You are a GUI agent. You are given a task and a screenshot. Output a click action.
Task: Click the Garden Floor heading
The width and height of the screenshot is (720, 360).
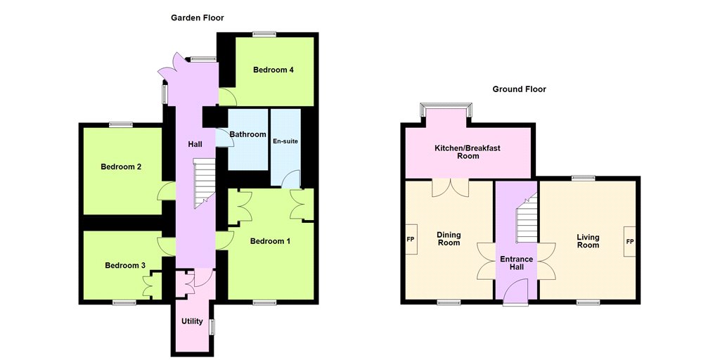pyautogui.click(x=198, y=18)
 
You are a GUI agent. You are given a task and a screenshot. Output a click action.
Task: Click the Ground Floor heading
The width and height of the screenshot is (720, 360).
pyautogui.click(x=520, y=89)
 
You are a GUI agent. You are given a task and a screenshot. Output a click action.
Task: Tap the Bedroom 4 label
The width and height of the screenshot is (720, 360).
pyautogui.click(x=274, y=70)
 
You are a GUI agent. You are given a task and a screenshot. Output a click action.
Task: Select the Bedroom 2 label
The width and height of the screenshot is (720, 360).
pyautogui.click(x=121, y=167)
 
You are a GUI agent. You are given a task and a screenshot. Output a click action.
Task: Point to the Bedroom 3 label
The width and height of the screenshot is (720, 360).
pyautogui.click(x=125, y=265)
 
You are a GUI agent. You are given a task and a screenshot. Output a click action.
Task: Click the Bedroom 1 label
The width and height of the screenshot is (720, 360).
pyautogui.click(x=270, y=241)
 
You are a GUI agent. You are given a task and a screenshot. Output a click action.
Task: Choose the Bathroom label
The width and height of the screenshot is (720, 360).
pyautogui.click(x=248, y=134)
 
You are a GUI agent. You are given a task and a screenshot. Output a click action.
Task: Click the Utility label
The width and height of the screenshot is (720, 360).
pyautogui.click(x=192, y=321)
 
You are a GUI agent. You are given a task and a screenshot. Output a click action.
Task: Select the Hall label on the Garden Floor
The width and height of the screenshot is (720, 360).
pyautogui.click(x=195, y=144)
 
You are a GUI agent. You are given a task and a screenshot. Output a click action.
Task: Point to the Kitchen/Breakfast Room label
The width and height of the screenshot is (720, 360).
pyautogui.click(x=468, y=152)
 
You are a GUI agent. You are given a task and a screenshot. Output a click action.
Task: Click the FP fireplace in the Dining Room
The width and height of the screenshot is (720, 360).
pyautogui.click(x=411, y=240)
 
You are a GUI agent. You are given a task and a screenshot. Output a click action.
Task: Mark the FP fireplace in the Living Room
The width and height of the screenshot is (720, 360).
pyautogui.click(x=630, y=242)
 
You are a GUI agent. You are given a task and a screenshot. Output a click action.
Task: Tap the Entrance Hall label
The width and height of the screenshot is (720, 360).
pyautogui.click(x=515, y=263)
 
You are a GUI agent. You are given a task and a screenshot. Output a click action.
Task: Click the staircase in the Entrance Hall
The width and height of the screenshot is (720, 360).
pyautogui.click(x=527, y=218)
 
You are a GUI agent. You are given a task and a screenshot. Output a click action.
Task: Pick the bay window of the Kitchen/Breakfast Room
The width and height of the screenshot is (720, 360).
pyautogui.click(x=446, y=110)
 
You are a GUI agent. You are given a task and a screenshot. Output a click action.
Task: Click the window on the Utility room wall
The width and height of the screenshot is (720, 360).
pyautogui.click(x=212, y=327)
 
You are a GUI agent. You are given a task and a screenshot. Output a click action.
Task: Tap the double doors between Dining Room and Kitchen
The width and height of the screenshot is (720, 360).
pyautogui.click(x=450, y=188)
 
